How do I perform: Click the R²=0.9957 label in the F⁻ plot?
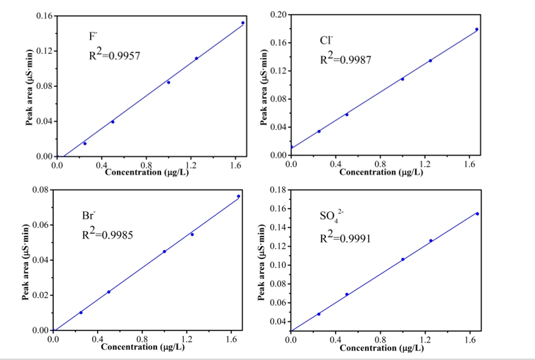(114, 56)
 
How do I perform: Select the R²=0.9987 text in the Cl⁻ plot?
(345, 59)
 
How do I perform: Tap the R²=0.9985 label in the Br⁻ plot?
(107, 235)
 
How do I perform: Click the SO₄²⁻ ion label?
(332, 216)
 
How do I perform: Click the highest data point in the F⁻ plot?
(243, 23)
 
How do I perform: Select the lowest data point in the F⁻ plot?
(85, 143)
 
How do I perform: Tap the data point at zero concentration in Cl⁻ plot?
(291, 148)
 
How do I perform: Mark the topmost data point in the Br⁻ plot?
(238, 196)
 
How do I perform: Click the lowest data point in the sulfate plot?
(319, 314)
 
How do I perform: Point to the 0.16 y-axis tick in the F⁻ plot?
(43, 15)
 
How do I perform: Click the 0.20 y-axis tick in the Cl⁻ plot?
(277, 14)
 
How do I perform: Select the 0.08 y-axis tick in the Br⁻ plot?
(40, 190)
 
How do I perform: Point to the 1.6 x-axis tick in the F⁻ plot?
(235, 165)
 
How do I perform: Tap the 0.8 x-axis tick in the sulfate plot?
(380, 340)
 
